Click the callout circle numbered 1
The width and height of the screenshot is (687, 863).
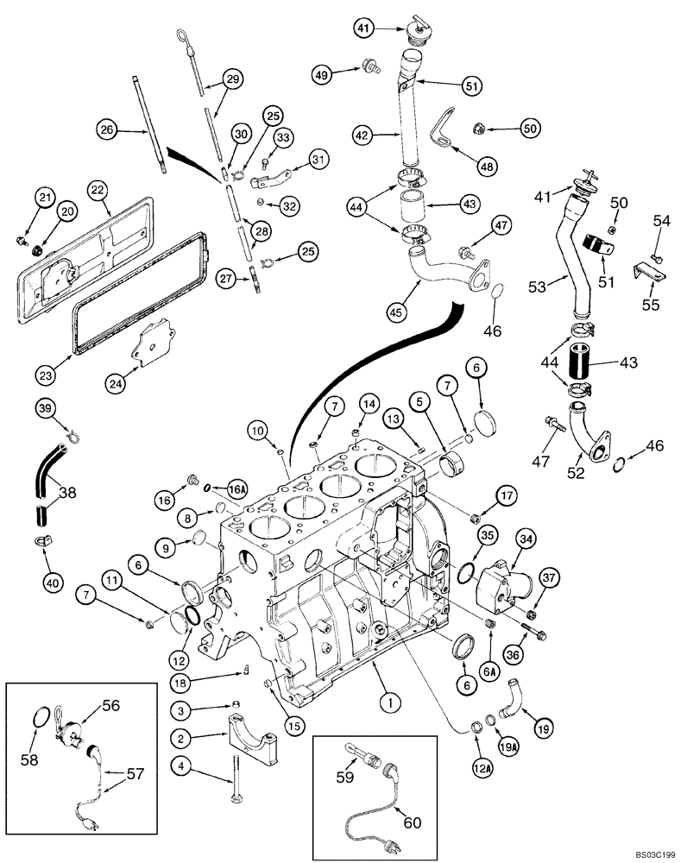390,705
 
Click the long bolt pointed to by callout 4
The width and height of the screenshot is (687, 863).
234,779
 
